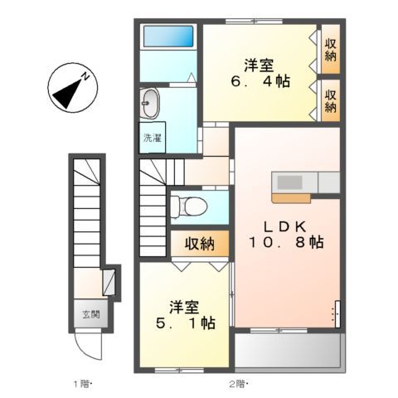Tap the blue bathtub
(168, 36)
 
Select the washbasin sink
(150, 104)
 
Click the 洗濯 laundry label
(151, 138)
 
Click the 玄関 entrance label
(90, 314)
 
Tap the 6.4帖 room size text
(260, 82)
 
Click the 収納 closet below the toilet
(200, 244)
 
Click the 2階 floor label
(236, 384)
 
